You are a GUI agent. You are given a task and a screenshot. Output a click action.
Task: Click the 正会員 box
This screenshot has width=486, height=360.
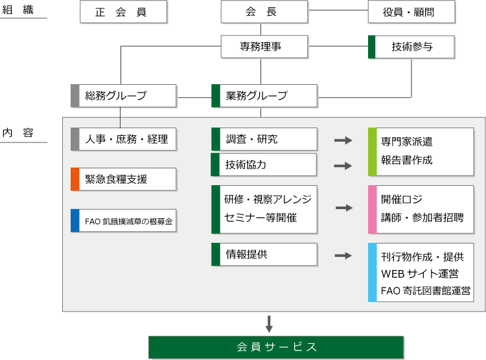[x=123, y=12]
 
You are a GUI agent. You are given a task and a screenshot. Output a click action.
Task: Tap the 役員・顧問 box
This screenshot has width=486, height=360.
[x=411, y=12]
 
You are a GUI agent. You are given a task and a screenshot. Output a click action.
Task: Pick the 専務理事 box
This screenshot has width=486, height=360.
[x=264, y=47]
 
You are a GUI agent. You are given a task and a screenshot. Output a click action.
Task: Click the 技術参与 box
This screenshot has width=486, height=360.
[x=411, y=47]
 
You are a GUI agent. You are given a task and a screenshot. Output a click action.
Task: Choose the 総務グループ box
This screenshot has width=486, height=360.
[x=123, y=96]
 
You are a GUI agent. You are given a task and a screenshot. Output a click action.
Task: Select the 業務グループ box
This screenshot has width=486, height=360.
[x=264, y=96]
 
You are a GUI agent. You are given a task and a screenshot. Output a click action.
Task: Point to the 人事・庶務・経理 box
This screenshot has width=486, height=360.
[x=123, y=139]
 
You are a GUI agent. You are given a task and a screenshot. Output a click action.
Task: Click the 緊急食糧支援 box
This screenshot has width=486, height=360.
[x=123, y=179]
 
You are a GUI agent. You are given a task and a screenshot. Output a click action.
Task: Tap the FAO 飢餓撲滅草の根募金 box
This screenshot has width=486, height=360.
[x=123, y=221]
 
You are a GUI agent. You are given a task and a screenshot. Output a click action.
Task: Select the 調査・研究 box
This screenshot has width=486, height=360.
[x=264, y=139]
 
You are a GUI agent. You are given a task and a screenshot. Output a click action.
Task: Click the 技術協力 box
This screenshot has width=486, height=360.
[x=264, y=164]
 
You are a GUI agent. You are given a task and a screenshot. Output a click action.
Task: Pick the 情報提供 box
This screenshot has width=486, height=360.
[x=264, y=254]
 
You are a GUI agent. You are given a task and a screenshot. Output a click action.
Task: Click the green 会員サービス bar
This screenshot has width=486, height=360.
[x=277, y=347]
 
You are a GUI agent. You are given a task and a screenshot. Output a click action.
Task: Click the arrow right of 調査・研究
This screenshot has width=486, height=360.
[x=343, y=140]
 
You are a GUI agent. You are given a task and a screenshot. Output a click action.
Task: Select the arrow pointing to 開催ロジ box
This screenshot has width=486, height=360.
[x=344, y=208]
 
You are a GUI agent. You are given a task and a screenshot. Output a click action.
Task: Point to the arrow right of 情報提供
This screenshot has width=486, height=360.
[x=343, y=256]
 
